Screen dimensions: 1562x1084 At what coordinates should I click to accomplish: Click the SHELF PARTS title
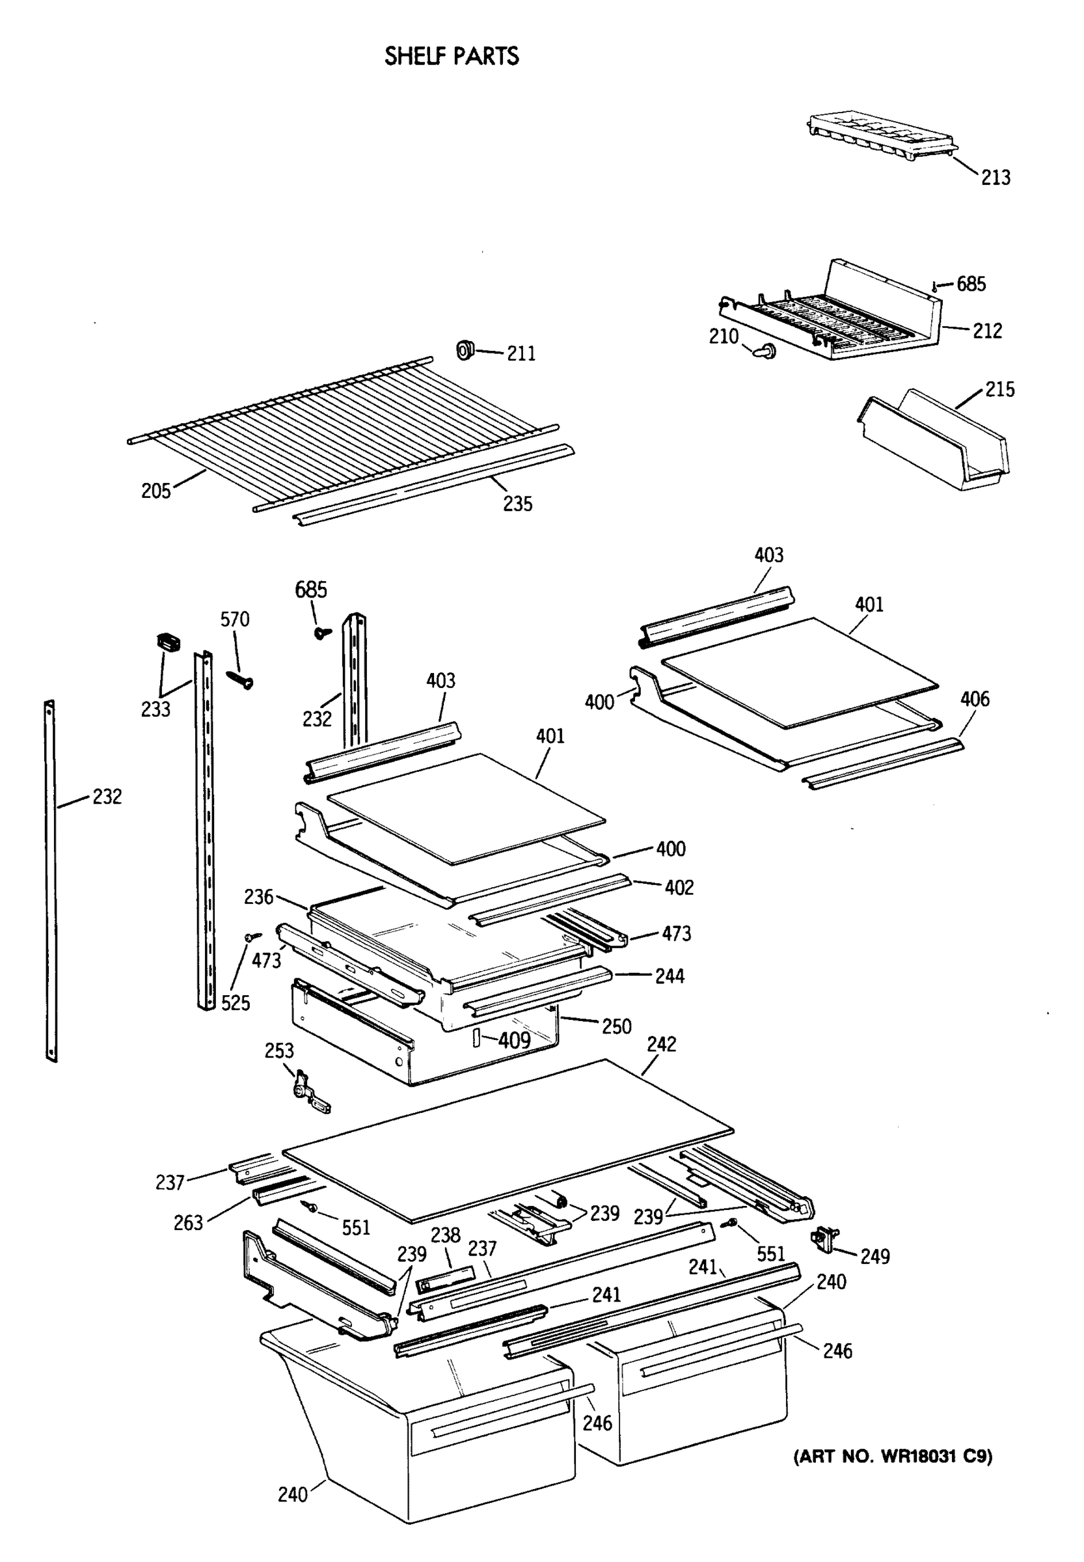[x=451, y=56]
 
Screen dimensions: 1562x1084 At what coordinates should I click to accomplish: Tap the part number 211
[x=521, y=353]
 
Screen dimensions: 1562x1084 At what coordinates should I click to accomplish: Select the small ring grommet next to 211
[x=465, y=350]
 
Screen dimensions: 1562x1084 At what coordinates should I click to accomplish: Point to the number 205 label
[x=156, y=491]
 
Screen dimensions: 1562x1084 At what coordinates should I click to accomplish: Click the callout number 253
[x=278, y=1051]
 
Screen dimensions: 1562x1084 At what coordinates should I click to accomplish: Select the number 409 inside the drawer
[x=514, y=1040]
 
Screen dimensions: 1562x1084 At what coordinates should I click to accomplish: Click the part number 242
[x=661, y=1045]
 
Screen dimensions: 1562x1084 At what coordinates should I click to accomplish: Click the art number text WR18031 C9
[x=893, y=1456]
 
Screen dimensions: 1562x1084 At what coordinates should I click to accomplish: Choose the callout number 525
[x=235, y=1003]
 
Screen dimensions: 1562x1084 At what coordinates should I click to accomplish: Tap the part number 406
[x=974, y=698]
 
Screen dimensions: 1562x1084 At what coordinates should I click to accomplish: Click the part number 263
[x=188, y=1223]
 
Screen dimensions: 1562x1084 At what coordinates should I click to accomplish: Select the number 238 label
[x=445, y=1235]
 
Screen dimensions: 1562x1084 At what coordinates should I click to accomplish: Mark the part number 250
[x=616, y=1026]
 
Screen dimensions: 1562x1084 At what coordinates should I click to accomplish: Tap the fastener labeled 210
[x=765, y=351]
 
